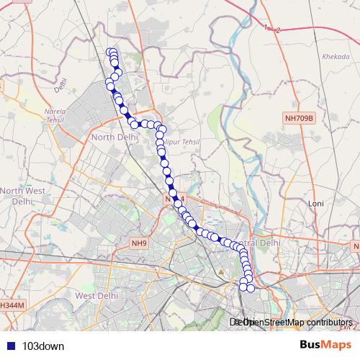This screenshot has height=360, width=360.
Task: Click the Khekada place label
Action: pyautogui.click(x=335, y=56)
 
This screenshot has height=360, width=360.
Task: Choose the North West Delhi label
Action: pyautogui.click(x=22, y=196)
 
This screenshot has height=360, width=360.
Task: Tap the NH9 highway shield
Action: pyautogui.click(x=139, y=243)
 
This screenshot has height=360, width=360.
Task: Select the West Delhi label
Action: pyautogui.click(x=96, y=296)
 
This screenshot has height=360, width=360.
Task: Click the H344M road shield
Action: pyautogui.click(x=12, y=306)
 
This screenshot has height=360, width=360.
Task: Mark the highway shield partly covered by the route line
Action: pyautogui.click(x=176, y=198)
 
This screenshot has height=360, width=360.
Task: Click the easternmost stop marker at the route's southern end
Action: pyautogui.click(x=251, y=288)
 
